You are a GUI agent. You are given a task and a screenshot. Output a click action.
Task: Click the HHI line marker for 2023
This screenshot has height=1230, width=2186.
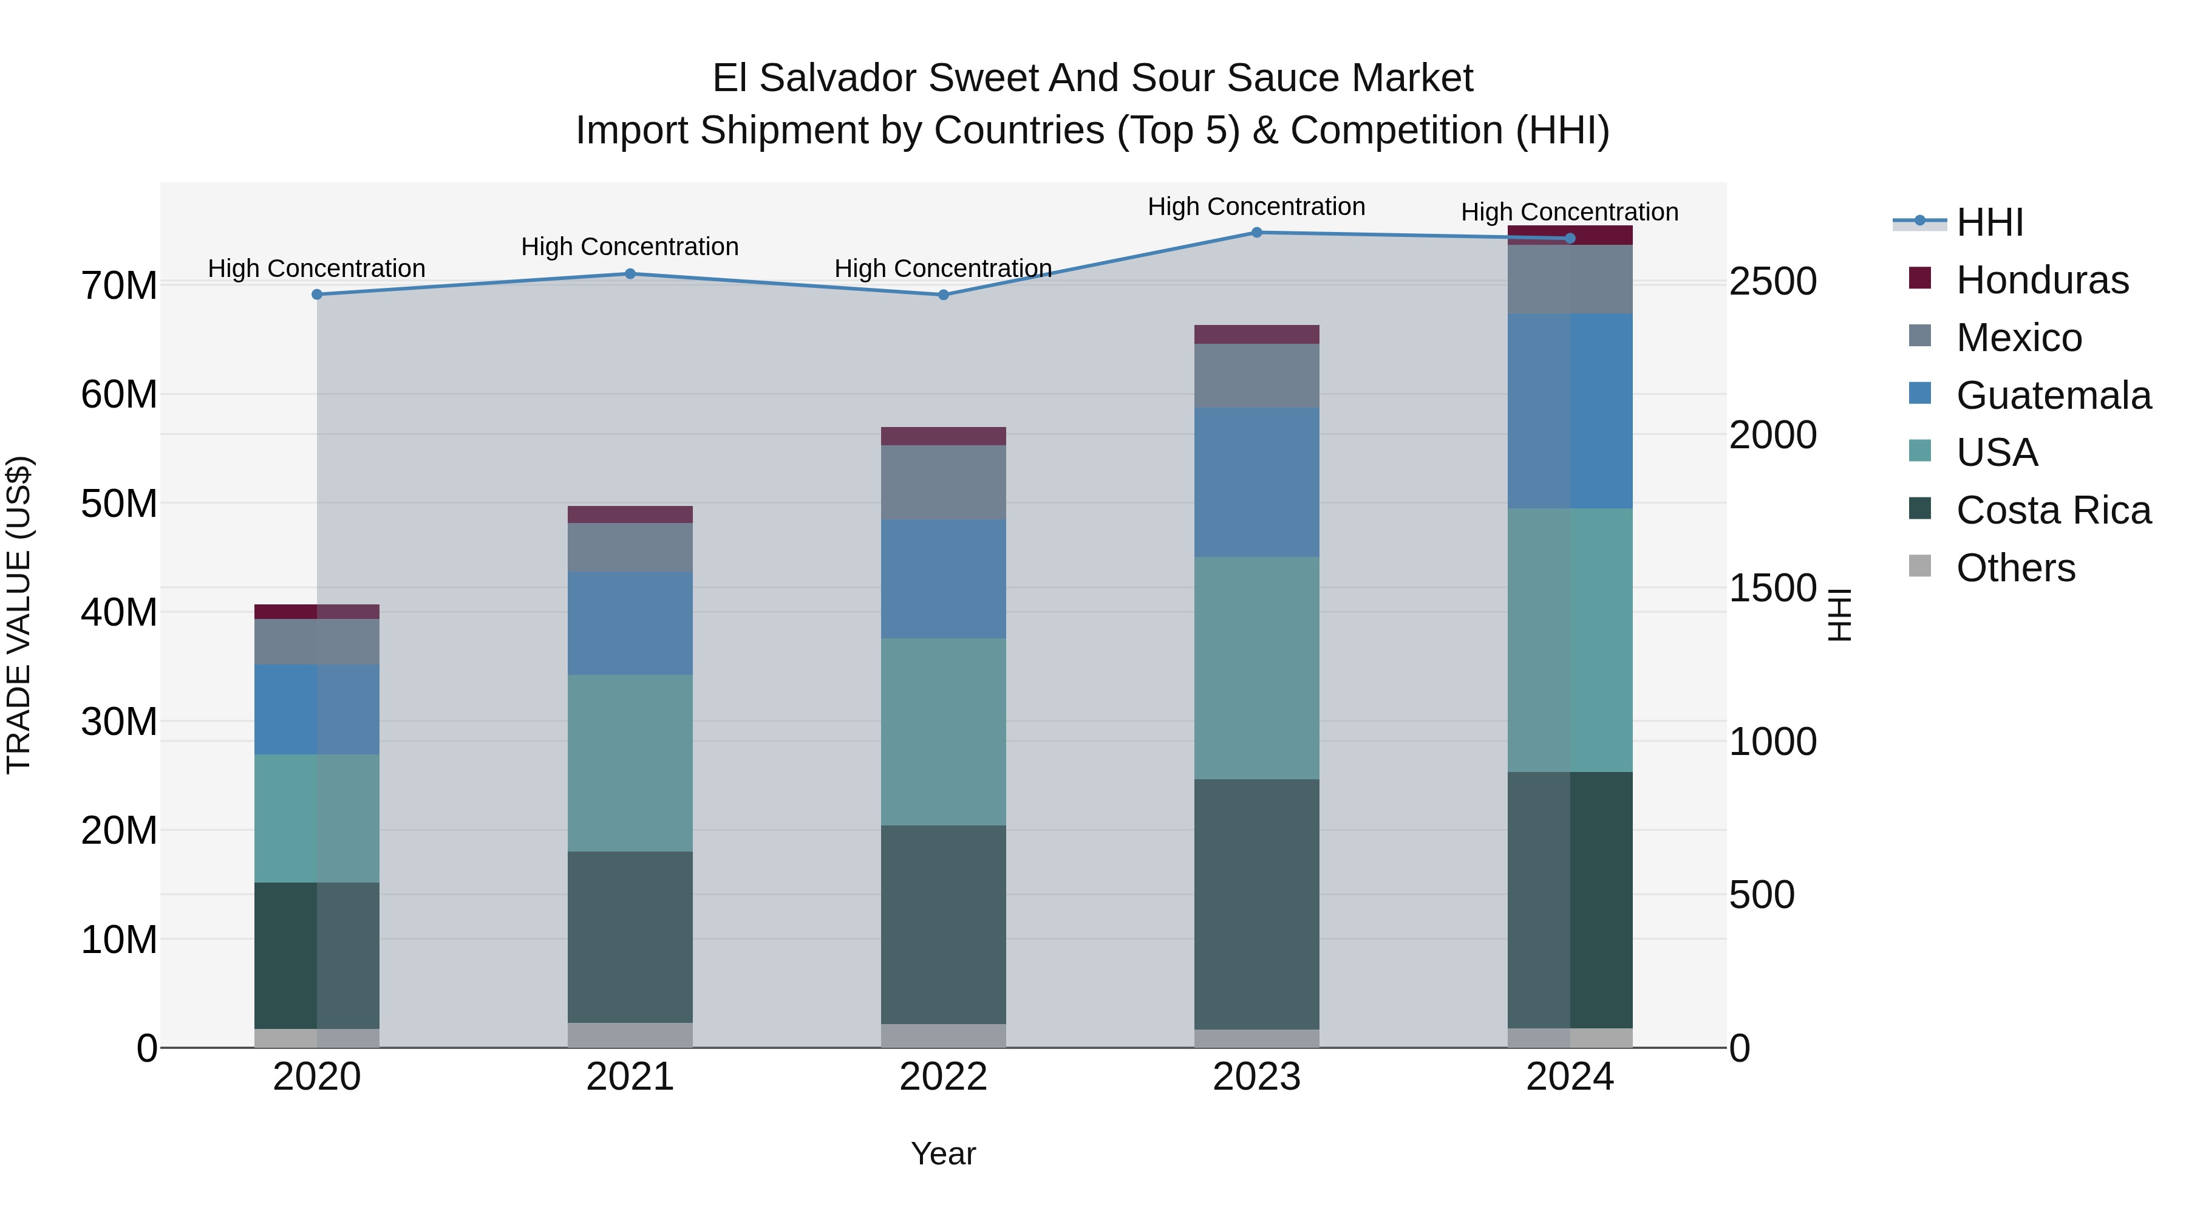1257,233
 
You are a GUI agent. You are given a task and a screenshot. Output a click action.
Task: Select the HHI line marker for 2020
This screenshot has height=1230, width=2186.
316,295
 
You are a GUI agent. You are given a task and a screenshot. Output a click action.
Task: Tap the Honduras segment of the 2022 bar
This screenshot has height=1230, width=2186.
943,436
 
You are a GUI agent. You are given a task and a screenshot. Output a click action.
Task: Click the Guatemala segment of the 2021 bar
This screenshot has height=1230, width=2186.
630,624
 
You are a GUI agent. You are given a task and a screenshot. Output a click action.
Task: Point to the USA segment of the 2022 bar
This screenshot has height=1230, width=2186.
943,732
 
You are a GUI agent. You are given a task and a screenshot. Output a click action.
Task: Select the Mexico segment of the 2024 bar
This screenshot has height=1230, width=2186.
1570,279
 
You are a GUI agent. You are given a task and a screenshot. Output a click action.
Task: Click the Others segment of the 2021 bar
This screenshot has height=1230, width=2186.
630,1035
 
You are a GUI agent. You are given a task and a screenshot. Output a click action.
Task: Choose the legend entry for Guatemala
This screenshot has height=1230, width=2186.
2053,395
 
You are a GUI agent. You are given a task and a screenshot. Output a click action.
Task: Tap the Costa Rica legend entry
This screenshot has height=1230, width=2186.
2053,510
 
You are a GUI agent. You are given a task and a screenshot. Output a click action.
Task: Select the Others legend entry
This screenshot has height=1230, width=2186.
2015,568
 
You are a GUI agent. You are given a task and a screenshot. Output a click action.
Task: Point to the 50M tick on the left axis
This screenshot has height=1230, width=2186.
119,504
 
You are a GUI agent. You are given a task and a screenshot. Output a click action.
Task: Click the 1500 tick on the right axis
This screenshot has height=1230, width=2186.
1772,588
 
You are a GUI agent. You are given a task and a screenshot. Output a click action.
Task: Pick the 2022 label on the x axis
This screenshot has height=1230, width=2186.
943,1077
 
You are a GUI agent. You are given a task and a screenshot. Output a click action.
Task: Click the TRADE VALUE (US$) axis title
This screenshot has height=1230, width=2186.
19,615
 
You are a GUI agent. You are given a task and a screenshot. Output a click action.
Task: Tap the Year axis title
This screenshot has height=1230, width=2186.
943,1153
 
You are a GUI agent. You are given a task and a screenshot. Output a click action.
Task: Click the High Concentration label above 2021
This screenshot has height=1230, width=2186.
630,247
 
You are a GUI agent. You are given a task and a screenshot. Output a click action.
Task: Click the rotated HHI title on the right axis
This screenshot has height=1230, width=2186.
1839,615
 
